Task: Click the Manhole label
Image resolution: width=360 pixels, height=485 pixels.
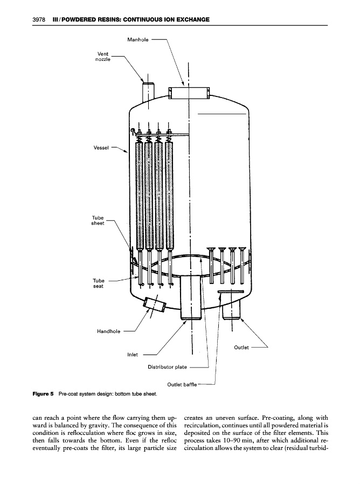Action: pos(137,39)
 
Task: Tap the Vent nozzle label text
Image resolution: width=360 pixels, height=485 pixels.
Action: pos(103,56)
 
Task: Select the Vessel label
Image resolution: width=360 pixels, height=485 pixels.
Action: pos(101,148)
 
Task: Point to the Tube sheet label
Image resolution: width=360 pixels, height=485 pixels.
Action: pos(98,220)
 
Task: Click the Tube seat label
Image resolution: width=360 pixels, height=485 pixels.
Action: pos(98,283)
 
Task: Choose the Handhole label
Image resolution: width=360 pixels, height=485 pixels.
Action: pos(108,331)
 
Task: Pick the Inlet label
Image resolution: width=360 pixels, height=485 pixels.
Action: pos(133,355)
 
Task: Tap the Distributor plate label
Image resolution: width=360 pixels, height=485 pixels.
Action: pos(167,367)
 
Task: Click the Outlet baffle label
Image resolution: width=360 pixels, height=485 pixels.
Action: pos(182,384)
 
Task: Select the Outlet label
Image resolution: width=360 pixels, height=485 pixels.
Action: pos(241,348)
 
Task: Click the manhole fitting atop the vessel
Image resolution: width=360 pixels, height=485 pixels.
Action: pos(189,93)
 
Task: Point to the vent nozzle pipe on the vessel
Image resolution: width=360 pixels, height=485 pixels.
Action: pos(148,92)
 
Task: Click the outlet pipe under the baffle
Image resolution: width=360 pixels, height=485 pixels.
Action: pos(231,309)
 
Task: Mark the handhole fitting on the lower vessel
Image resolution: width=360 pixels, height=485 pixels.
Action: pos(154,304)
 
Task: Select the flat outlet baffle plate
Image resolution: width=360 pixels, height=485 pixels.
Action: pos(231,292)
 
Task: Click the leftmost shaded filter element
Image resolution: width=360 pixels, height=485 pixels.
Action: pos(140,196)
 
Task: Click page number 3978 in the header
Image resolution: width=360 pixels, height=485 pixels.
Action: pos(39,19)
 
